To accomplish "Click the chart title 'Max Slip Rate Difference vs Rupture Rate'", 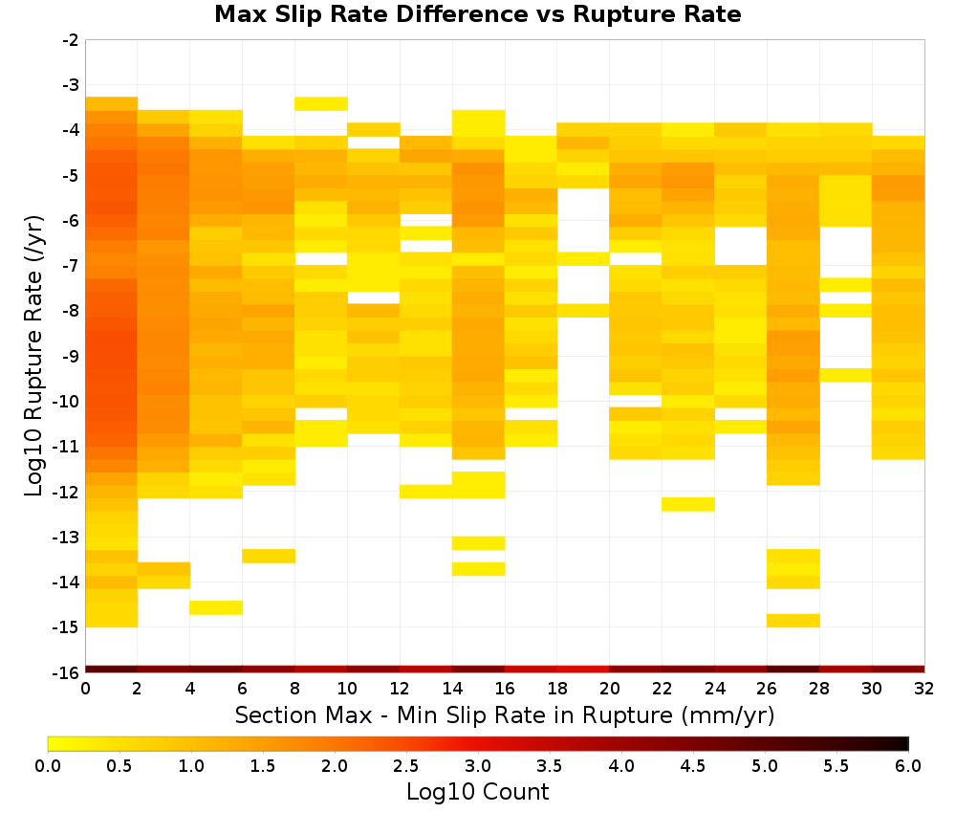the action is pyautogui.click(x=477, y=14).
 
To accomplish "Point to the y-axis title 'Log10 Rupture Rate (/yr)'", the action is pyautogui.click(x=33, y=356).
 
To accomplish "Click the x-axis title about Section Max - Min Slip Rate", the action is pyautogui.click(x=504, y=714).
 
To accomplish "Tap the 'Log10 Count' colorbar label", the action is pyautogui.click(x=477, y=792).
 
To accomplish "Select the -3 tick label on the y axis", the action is pyautogui.click(x=71, y=85).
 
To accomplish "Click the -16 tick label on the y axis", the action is pyautogui.click(x=67, y=672).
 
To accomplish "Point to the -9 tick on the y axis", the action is pyautogui.click(x=71, y=356).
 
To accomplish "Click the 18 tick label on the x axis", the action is pyautogui.click(x=556, y=689).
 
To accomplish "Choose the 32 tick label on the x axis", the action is pyautogui.click(x=924, y=689).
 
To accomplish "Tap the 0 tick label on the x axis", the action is pyautogui.click(x=85, y=689).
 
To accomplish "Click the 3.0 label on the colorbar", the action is pyautogui.click(x=477, y=765).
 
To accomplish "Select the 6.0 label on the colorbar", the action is pyautogui.click(x=908, y=765).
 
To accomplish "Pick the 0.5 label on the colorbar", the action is pyautogui.click(x=119, y=765).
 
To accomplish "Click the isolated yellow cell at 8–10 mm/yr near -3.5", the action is pyautogui.click(x=321, y=103).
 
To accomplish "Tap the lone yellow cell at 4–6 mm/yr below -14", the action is pyautogui.click(x=216, y=607).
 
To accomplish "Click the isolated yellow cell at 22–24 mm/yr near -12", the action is pyautogui.click(x=688, y=504).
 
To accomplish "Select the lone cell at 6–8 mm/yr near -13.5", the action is pyautogui.click(x=269, y=556).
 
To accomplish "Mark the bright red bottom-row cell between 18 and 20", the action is pyautogui.click(x=583, y=670).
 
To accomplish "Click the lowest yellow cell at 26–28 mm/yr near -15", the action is pyautogui.click(x=793, y=620).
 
